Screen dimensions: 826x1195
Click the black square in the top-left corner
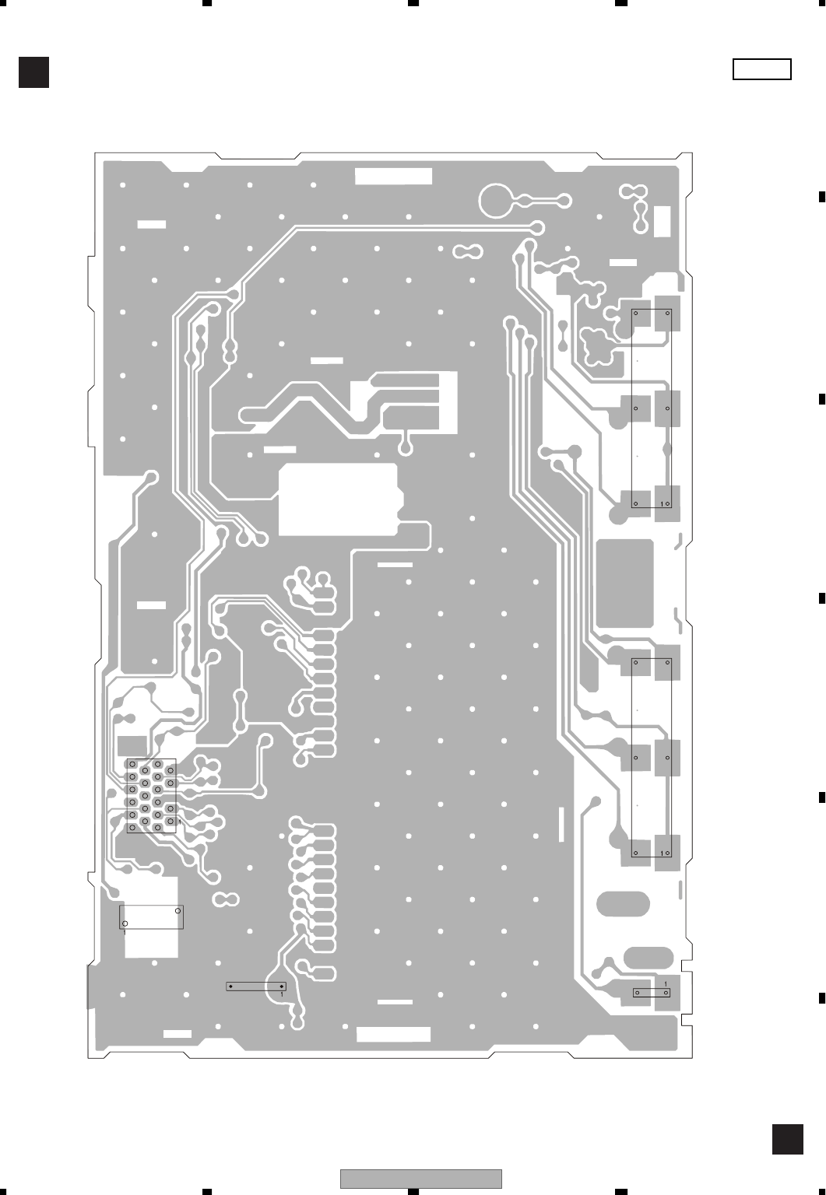point(34,72)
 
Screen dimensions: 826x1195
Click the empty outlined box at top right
point(761,69)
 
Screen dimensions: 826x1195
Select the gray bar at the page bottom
point(420,1179)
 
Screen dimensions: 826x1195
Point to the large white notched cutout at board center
point(339,499)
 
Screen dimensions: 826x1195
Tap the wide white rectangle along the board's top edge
point(393,176)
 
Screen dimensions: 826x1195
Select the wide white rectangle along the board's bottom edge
point(393,1034)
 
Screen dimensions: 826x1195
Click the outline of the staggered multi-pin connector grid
point(152,796)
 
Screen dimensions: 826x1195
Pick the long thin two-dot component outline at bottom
point(256,986)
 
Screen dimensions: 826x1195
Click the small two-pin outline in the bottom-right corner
point(652,993)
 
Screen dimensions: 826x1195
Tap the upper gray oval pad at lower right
point(623,905)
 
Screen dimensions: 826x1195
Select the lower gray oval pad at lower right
point(648,957)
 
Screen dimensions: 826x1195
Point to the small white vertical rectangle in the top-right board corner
point(663,221)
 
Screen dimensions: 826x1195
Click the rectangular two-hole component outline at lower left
point(151,916)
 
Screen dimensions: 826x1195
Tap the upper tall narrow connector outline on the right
point(652,409)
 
